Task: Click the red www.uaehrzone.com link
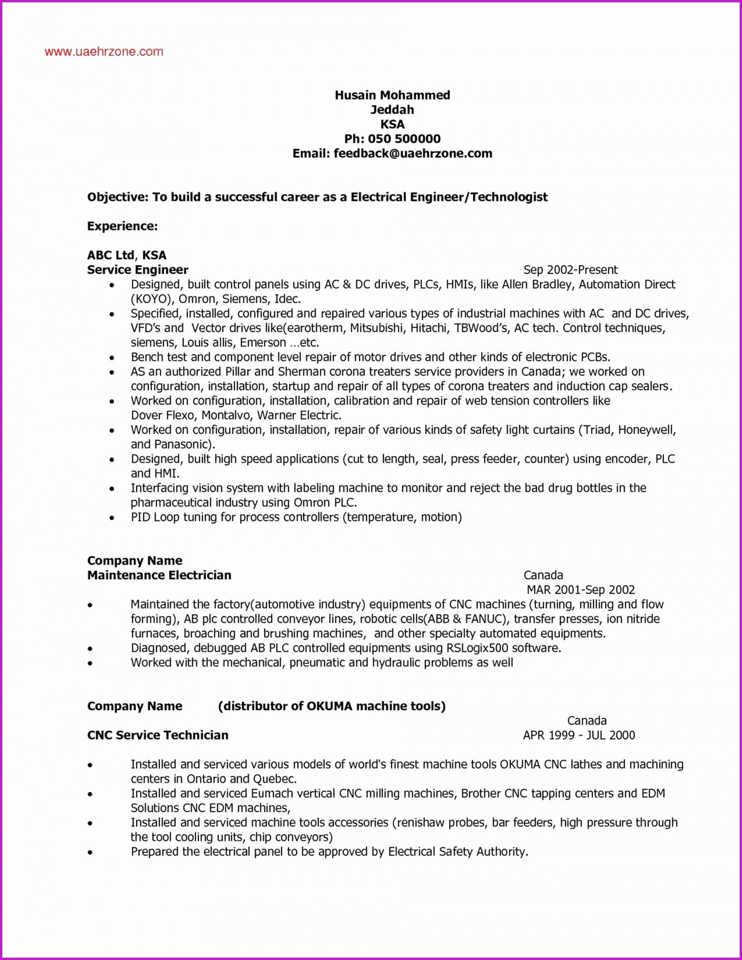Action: point(104,52)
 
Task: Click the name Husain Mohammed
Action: point(392,95)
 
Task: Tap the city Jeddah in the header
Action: point(392,109)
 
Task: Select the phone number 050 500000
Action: point(404,139)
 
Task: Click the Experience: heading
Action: point(122,226)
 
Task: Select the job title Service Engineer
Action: point(138,270)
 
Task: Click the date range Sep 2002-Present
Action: point(570,270)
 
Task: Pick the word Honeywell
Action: point(646,430)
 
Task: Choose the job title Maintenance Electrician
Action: point(159,575)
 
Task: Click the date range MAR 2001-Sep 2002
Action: point(580,590)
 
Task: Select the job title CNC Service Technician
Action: point(158,735)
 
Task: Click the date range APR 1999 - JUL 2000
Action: point(579,735)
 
